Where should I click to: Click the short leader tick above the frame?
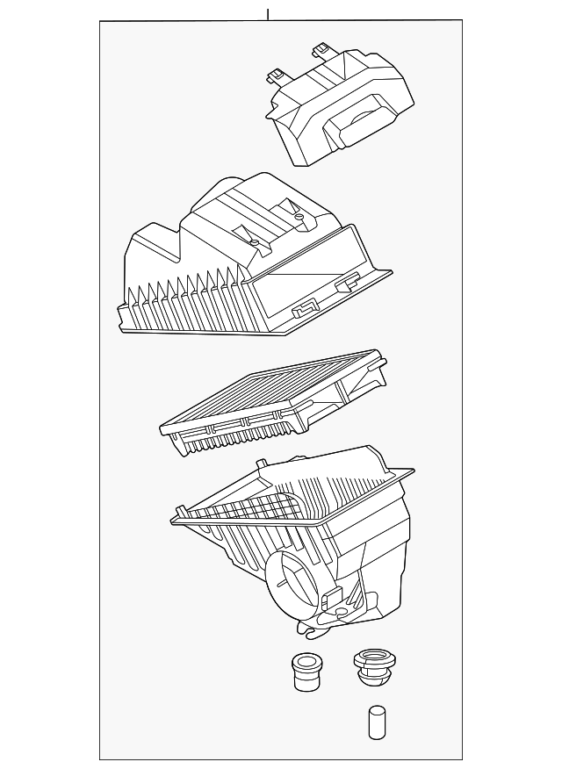pyautogui.click(x=268, y=15)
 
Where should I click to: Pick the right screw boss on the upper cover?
pyautogui.click(x=300, y=214)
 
